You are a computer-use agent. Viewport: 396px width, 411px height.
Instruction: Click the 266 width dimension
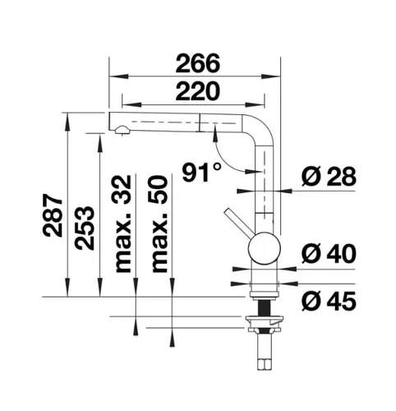click(x=198, y=63)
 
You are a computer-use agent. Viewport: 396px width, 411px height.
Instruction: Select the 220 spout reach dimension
click(x=198, y=90)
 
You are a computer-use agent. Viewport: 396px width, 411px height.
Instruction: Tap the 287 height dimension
click(x=53, y=215)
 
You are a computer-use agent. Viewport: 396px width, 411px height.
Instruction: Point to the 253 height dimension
click(x=85, y=228)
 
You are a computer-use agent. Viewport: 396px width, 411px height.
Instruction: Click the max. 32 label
click(x=123, y=224)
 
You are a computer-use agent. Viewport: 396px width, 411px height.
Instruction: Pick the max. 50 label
click(x=159, y=224)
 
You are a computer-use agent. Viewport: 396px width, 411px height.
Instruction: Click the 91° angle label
click(x=202, y=172)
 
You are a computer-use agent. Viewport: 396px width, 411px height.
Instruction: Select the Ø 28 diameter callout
click(x=329, y=176)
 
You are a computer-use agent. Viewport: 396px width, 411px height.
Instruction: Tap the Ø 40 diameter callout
click(x=329, y=254)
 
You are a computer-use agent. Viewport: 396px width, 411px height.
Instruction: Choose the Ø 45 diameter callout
click(x=329, y=301)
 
